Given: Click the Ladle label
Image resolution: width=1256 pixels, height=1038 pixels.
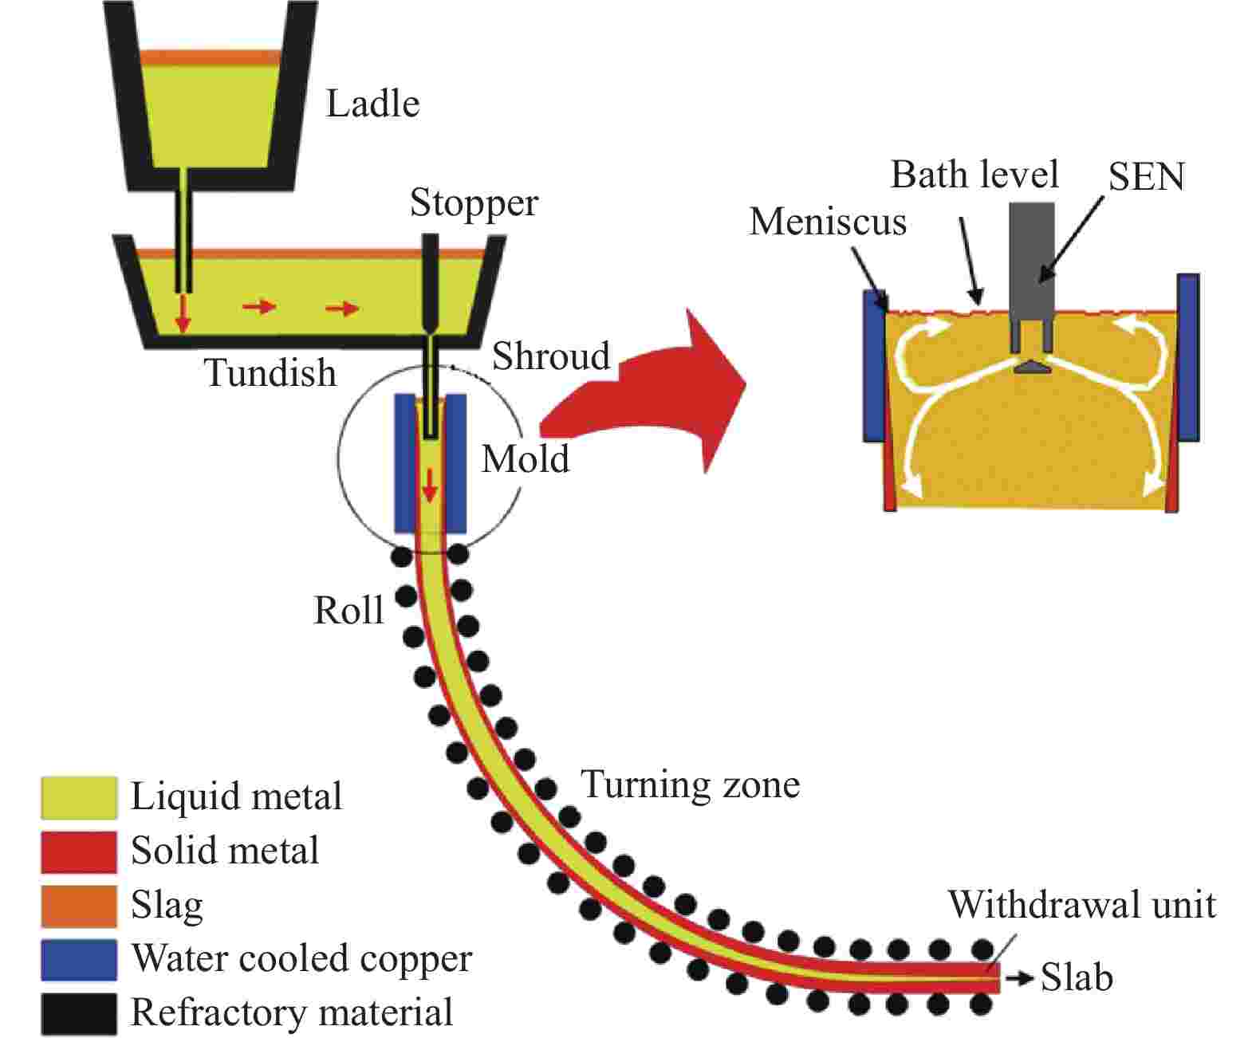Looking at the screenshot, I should pos(372,104).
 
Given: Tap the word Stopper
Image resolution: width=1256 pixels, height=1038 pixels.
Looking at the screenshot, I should pos(474,203).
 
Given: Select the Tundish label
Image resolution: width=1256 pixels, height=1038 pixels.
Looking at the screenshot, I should pos(270,372).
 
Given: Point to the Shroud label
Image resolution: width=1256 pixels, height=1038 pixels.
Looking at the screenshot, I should pos(551,356).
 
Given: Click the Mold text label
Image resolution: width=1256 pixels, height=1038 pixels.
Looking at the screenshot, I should pos(526,459).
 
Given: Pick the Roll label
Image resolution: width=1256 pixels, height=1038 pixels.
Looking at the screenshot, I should pos(348,611).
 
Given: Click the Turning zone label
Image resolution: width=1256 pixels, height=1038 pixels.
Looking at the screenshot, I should pos(691,784).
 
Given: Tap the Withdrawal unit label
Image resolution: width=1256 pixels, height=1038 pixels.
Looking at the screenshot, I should pos(1082,905).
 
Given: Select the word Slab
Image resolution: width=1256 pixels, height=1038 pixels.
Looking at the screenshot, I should pos(1077,977).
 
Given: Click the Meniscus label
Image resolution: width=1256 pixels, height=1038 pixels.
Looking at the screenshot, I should pos(828,222).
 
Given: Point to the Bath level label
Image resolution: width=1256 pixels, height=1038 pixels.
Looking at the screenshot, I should pos(974,175).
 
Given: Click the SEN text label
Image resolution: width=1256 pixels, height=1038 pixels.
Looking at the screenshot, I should pos(1146,177).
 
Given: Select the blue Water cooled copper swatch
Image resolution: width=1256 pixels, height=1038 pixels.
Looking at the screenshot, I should pos(79,960).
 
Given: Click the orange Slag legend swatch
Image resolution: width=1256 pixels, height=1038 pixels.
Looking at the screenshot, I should pos(79,906).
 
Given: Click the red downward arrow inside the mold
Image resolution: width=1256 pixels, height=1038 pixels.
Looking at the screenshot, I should pos(430,485).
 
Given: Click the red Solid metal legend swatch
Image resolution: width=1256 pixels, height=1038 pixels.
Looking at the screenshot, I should pos(79,851).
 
